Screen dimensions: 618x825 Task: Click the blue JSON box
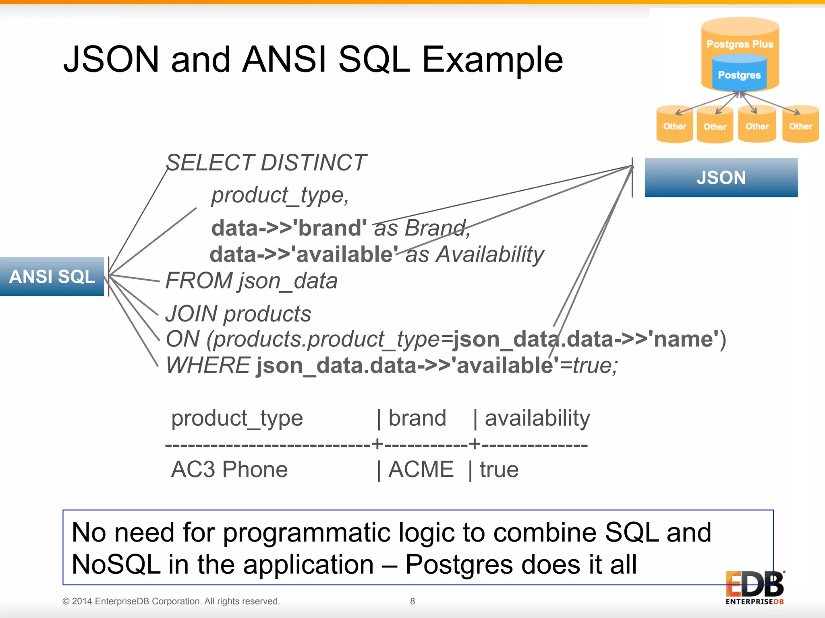pyautogui.click(x=721, y=177)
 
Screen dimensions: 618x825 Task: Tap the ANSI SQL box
pyautogui.click(x=52, y=276)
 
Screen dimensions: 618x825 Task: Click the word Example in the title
pyautogui.click(x=492, y=60)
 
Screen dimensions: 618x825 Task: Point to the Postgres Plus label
pyautogui.click(x=740, y=44)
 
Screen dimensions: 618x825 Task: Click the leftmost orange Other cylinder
pyautogui.click(x=674, y=126)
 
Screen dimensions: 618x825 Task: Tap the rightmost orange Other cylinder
pyautogui.click(x=800, y=126)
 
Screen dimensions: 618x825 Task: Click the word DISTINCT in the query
pyautogui.click(x=313, y=163)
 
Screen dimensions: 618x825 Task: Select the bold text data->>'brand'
pyautogui.click(x=289, y=228)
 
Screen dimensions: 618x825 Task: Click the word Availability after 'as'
pyautogui.click(x=490, y=254)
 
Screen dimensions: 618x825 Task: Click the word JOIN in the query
pyautogui.click(x=191, y=314)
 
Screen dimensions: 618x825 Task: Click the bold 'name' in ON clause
pyautogui.click(x=684, y=339)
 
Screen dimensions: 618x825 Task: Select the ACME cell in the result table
pyautogui.click(x=421, y=470)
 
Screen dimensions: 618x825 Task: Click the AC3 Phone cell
pyautogui.click(x=229, y=470)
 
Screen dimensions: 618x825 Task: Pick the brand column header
pyautogui.click(x=417, y=418)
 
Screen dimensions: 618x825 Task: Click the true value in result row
pyautogui.click(x=499, y=470)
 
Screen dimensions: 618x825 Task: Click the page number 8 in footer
pyautogui.click(x=412, y=601)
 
